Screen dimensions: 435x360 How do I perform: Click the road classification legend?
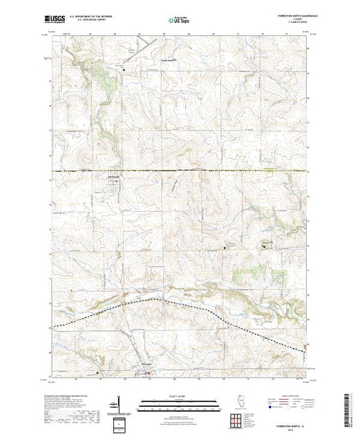tap(280, 396)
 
